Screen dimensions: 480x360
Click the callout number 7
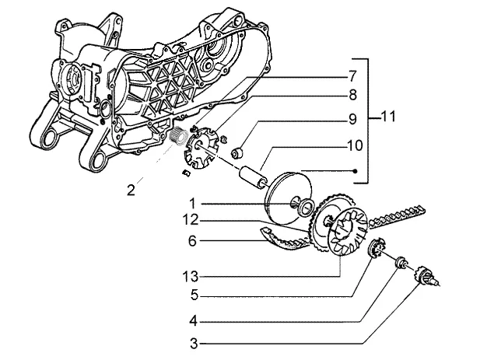(x=352, y=76)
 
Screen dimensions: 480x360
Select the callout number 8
(x=352, y=95)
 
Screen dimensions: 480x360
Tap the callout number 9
(x=352, y=119)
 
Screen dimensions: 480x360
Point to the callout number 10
(x=355, y=145)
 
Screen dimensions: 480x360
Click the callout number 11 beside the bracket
(x=388, y=117)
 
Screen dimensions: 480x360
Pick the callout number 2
(x=131, y=190)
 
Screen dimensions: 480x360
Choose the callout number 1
(x=193, y=204)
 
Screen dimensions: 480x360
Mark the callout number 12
(x=191, y=219)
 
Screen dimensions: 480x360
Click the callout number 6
(x=192, y=241)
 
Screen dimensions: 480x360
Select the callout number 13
(x=191, y=277)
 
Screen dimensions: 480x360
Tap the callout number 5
(x=194, y=295)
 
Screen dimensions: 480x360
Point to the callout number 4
(x=194, y=321)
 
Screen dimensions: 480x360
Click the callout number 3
(x=194, y=344)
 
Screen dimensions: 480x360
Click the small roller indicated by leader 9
(x=237, y=153)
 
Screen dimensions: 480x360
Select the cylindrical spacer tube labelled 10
(x=253, y=178)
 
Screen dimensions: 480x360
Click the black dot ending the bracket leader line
(x=355, y=171)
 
